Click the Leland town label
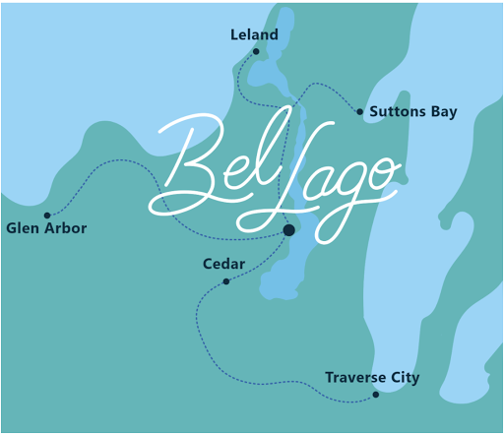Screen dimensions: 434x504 pos(255,34)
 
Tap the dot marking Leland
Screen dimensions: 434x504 pos(256,51)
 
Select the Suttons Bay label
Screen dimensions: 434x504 pos(413,112)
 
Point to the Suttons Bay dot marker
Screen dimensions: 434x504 pos(359,112)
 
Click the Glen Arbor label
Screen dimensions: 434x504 pos(46,228)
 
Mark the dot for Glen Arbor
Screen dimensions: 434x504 pos(47,215)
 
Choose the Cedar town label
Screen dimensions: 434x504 pos(223,264)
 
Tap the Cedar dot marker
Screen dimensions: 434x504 pos(226,281)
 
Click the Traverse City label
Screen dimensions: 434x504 pos(372,378)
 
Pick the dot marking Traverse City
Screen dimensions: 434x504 pos(376,395)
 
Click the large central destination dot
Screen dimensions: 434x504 pos(288,230)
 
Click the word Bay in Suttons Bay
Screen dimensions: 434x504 pos(442,112)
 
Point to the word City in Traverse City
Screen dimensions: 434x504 pos(404,378)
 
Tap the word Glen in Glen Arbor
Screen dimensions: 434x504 pos(22,228)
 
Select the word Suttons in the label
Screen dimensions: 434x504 pos(397,112)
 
